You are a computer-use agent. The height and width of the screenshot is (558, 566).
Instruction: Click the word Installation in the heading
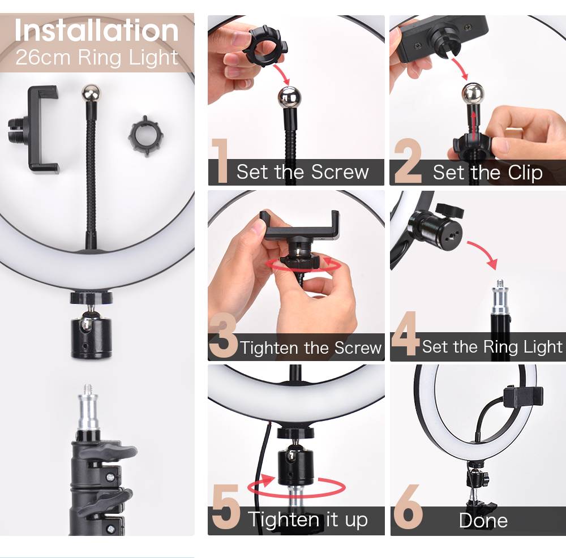[96, 31]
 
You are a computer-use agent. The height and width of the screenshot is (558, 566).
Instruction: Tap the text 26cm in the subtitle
[42, 57]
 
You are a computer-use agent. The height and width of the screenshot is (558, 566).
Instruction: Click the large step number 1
[220, 160]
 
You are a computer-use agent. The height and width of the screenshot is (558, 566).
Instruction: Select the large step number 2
[408, 160]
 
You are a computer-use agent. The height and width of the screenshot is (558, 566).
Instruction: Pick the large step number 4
[405, 333]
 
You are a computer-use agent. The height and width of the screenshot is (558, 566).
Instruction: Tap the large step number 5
[226, 507]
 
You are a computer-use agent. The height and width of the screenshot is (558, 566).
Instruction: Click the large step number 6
[408, 507]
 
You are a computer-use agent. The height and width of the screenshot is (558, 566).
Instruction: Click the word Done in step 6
[483, 521]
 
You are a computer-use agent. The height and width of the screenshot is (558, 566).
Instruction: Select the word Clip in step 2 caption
[525, 173]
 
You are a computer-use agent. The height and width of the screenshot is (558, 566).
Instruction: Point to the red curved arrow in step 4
[484, 252]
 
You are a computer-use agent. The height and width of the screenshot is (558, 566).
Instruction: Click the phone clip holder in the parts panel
[35, 129]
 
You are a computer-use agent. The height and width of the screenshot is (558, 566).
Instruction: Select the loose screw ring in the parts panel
[146, 135]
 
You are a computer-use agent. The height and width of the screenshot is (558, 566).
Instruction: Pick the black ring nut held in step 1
[265, 46]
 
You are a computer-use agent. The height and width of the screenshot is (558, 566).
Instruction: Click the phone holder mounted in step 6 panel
[523, 397]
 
